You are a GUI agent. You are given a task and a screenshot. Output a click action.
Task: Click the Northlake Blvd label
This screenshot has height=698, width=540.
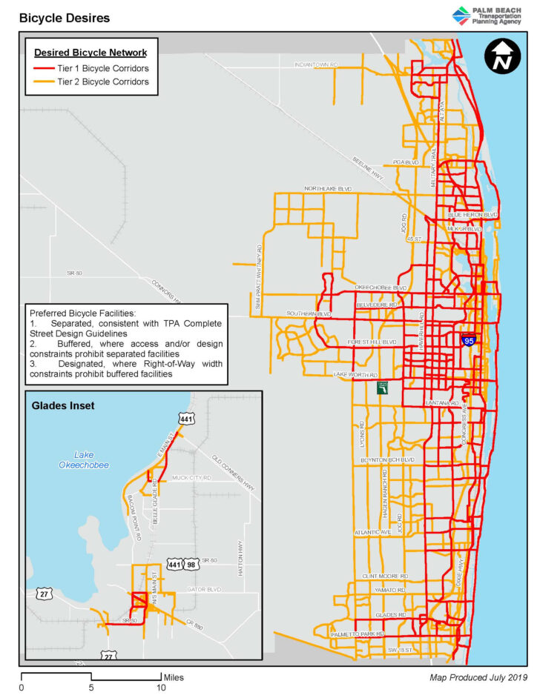(x=327, y=190)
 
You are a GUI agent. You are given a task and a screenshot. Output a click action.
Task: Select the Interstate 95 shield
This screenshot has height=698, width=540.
(x=469, y=340)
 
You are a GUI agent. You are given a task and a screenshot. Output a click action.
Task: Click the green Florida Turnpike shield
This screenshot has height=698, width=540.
(x=383, y=389)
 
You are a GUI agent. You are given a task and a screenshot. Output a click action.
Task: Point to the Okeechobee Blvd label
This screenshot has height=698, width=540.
(x=381, y=287)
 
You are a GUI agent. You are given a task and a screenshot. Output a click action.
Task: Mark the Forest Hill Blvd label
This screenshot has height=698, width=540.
(x=372, y=342)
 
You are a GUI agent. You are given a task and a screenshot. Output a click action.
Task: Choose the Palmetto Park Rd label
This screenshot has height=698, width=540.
(x=358, y=634)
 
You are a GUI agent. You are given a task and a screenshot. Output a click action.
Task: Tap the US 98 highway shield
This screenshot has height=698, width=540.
(x=191, y=564)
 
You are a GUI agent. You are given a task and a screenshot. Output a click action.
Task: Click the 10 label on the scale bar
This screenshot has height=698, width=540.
(x=161, y=688)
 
